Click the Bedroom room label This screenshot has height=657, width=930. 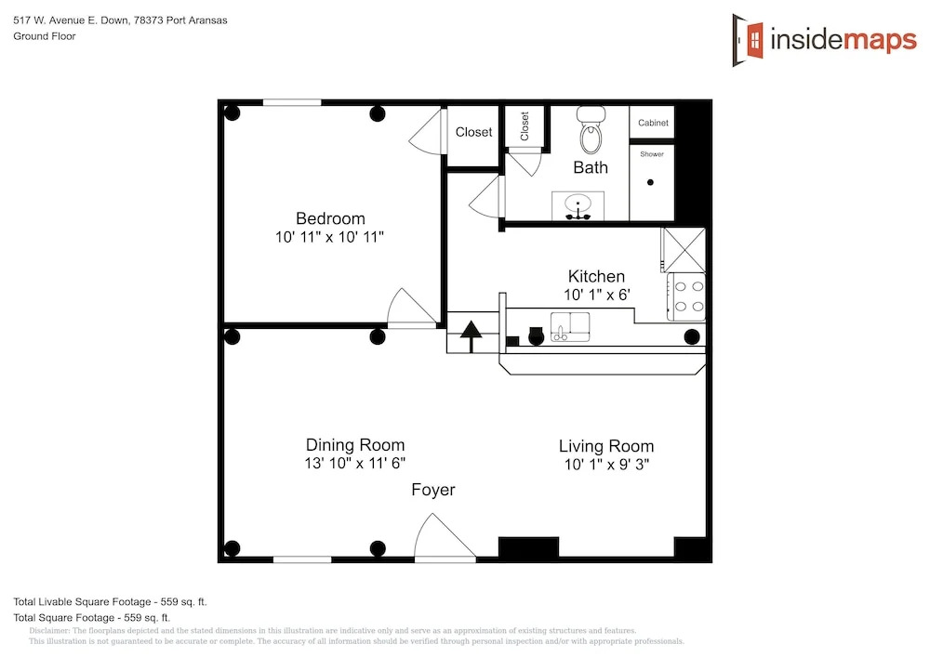point(330,218)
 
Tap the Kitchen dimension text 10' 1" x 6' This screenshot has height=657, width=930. point(597,295)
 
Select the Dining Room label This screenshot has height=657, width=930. point(355,445)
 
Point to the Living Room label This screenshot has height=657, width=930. point(606,447)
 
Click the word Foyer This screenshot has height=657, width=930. point(433,490)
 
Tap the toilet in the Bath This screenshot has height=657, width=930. point(591,129)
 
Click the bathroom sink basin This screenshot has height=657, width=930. point(578,206)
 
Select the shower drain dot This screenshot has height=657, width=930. point(650,182)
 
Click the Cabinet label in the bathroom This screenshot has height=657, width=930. point(653,123)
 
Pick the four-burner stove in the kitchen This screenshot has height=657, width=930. point(686,296)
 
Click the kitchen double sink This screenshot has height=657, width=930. point(570,327)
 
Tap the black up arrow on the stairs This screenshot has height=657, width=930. point(472,336)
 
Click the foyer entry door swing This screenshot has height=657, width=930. point(445,537)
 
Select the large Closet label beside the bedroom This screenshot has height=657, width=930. point(473,132)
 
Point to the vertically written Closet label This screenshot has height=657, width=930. point(525,126)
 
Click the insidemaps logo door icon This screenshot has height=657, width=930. point(748,40)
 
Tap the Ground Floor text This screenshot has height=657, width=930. point(45,36)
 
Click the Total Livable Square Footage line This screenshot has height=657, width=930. point(111,602)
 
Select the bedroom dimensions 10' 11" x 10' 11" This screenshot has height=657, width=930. point(329,237)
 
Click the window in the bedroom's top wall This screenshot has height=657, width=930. point(292,103)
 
